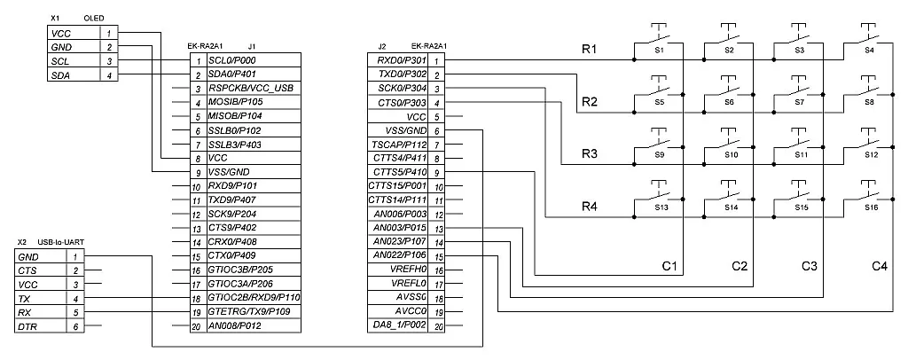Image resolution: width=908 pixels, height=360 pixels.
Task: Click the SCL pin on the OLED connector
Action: click(61, 61)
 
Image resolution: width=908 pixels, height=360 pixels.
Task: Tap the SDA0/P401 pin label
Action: click(232, 74)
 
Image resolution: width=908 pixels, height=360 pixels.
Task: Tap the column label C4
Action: click(879, 265)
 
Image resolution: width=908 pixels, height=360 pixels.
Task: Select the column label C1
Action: click(669, 265)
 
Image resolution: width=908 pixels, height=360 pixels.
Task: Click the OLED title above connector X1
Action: click(93, 18)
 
